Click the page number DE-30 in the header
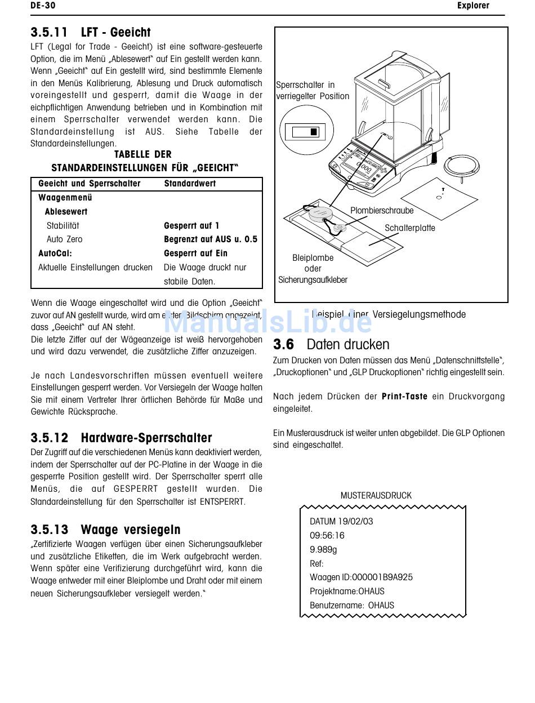tap(43, 6)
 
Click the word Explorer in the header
tap(472, 6)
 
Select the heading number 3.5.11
tap(49, 33)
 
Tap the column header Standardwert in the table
tap(190, 184)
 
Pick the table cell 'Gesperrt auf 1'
tap(191, 225)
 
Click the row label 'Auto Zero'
tap(64, 239)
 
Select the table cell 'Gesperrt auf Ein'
tap(195, 253)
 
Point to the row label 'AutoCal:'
tap(55, 253)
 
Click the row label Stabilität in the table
tap(63, 225)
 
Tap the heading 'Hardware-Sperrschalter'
tap(146, 438)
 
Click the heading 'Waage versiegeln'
tap(131, 530)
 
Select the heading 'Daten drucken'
tap(348, 344)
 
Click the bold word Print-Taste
tap(404, 397)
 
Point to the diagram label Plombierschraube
tap(382, 211)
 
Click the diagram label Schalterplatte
tap(409, 228)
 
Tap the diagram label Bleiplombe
tap(313, 258)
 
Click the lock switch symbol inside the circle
tap(305, 132)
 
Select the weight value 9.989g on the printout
tap(323, 550)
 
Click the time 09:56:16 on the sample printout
tap(327, 536)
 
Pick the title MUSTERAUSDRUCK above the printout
tap(376, 496)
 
